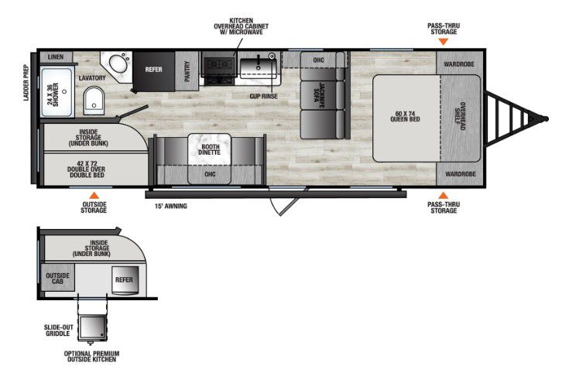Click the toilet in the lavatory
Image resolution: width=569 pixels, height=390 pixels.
tap(94, 101)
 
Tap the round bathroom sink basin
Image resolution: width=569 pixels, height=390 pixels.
tap(118, 64)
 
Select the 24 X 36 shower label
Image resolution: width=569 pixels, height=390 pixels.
tap(53, 94)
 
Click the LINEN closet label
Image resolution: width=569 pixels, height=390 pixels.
tap(56, 57)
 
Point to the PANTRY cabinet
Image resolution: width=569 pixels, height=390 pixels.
tap(187, 70)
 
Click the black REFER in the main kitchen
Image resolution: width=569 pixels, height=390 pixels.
tap(154, 71)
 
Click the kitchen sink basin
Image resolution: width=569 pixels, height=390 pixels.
tap(259, 68)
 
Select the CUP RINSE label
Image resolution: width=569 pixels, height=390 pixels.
tap(263, 96)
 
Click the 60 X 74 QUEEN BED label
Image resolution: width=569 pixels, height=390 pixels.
tap(405, 116)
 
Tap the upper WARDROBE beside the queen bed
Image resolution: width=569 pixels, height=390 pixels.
tap(459, 64)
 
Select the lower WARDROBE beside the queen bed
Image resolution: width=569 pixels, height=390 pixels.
tap(461, 174)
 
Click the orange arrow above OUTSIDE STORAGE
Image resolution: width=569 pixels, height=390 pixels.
tap(94, 195)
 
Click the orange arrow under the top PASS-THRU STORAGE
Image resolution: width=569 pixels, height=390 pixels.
tap(443, 42)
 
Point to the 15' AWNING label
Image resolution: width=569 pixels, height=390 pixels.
tap(171, 206)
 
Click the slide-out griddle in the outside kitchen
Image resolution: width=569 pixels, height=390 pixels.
tap(93, 327)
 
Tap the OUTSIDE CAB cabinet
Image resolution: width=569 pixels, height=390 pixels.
tap(57, 279)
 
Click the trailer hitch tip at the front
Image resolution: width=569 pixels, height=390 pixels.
tap(546, 118)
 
